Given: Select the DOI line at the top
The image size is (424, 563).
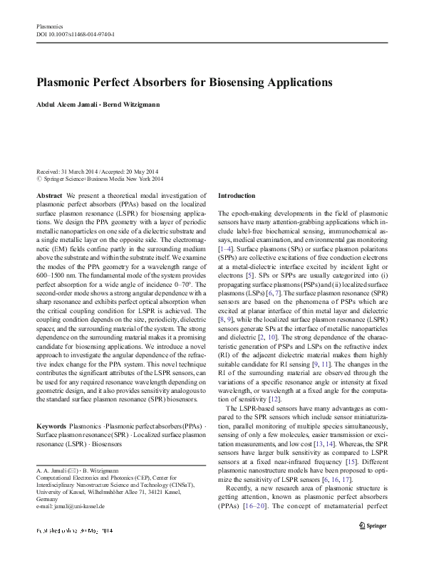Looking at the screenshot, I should [x=75, y=34].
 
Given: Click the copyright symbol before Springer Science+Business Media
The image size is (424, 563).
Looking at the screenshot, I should [x=38, y=179].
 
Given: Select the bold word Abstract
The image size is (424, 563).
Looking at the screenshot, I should [x=48, y=195].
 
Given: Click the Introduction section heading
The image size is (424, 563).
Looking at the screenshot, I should [x=236, y=195].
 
